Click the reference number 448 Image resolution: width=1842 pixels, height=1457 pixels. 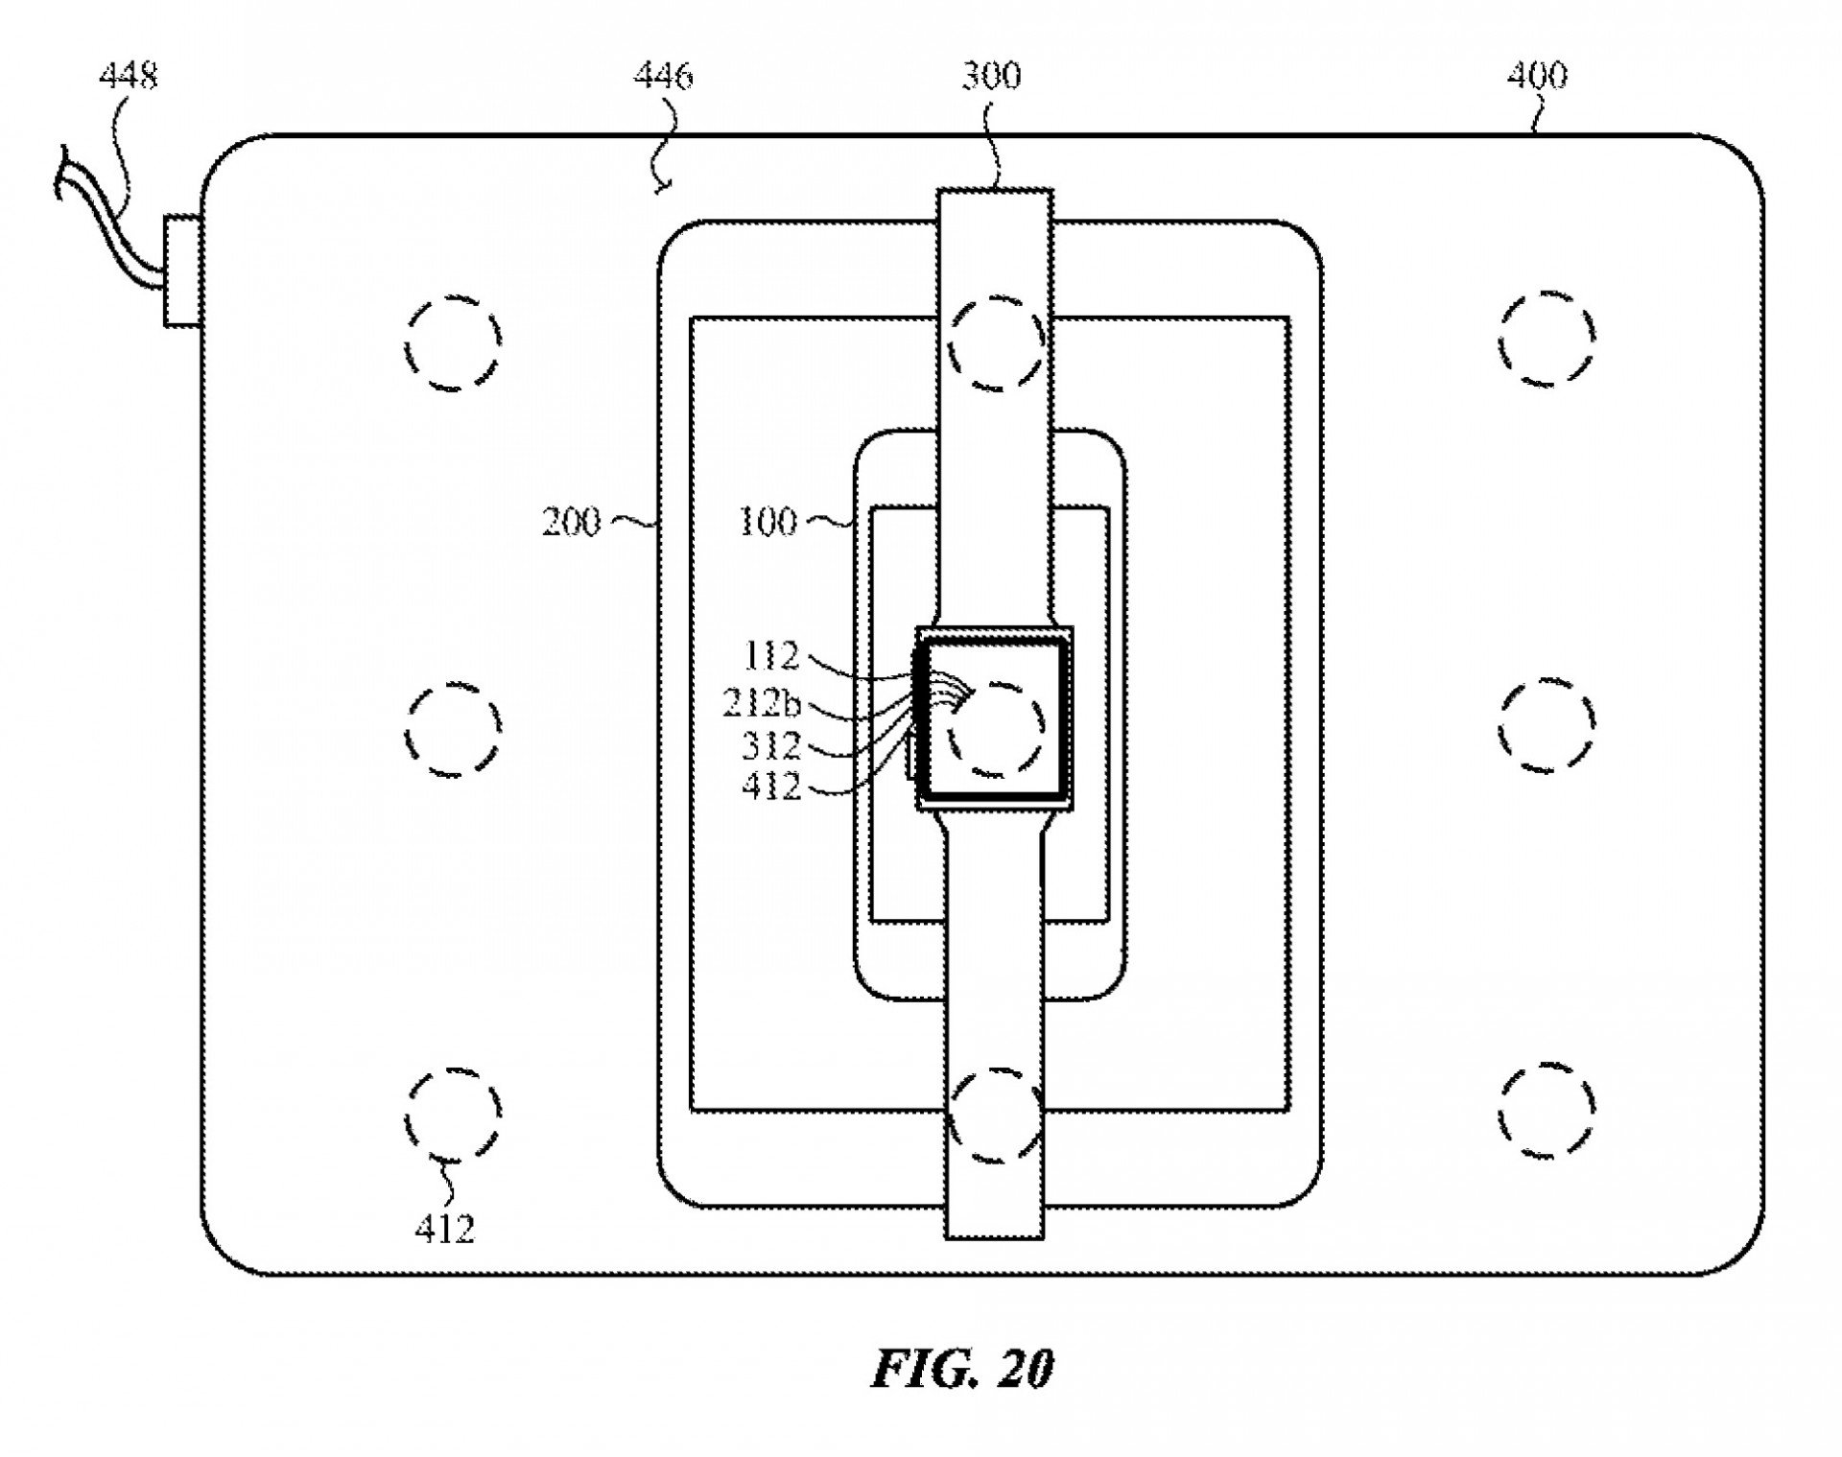tap(129, 75)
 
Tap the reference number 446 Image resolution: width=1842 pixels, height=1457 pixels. tap(663, 75)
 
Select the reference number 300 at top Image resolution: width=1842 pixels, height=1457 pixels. tap(992, 75)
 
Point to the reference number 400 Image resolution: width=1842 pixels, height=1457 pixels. tap(1537, 75)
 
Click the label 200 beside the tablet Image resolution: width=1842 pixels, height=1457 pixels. tap(572, 523)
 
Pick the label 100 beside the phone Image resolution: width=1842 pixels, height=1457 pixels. tap(768, 523)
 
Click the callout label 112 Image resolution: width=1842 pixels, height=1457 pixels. tap(771, 656)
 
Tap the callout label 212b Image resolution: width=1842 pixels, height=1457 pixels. tap(762, 704)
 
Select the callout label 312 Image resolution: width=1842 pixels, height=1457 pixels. tap(771, 745)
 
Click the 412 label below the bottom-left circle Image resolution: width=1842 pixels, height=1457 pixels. tap(445, 1228)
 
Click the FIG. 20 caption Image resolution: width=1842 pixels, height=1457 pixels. tap(962, 1369)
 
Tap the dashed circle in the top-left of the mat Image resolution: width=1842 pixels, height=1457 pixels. tap(453, 341)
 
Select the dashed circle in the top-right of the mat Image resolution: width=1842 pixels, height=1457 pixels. tap(1547, 339)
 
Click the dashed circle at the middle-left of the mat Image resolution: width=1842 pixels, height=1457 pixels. tap(453, 729)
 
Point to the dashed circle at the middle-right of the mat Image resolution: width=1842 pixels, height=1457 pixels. tap(1547, 726)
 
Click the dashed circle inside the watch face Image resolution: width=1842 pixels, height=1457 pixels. tap(996, 730)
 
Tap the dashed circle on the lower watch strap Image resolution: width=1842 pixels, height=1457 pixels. tap(996, 1115)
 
